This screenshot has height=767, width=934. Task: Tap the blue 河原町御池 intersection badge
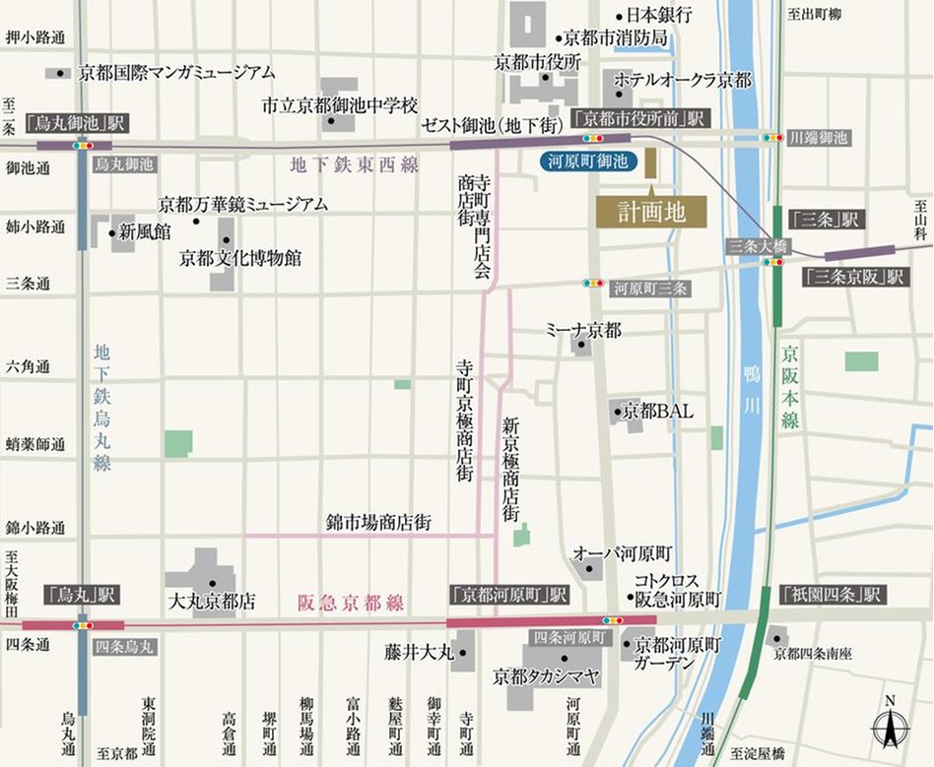pyautogui.click(x=589, y=161)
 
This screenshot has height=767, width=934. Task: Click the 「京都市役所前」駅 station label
pyautogui.click(x=639, y=118)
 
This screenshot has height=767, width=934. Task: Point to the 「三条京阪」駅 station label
pyautogui.click(x=853, y=278)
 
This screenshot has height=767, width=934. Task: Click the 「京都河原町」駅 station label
pyautogui.click(x=508, y=596)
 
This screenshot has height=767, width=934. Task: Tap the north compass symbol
pyautogui.click(x=890, y=727)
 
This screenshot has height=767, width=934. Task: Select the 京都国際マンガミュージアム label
pyautogui.click(x=177, y=72)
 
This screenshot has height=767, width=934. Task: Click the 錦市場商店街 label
pyautogui.click(x=378, y=522)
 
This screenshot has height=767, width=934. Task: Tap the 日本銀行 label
pyautogui.click(x=659, y=15)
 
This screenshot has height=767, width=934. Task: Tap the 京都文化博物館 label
pyautogui.click(x=240, y=258)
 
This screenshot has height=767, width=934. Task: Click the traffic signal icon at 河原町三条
pyautogui.click(x=593, y=284)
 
